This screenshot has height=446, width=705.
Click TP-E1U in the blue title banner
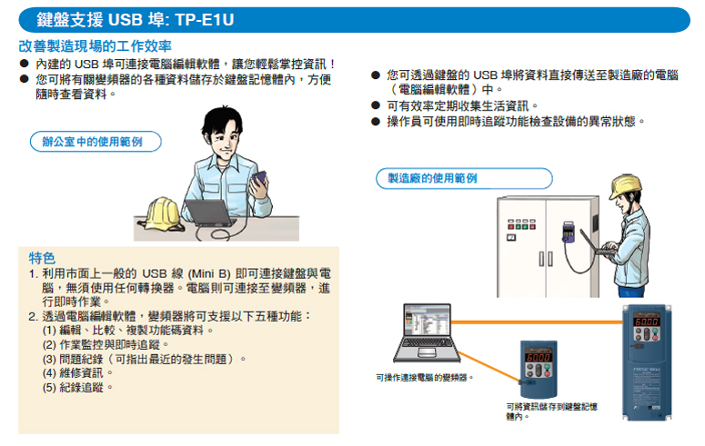click(x=205, y=20)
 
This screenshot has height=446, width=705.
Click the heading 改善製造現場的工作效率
click(x=96, y=45)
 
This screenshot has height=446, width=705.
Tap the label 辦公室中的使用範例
click(x=92, y=142)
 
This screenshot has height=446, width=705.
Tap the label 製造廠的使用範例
click(x=432, y=178)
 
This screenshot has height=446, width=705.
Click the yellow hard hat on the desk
click(x=162, y=214)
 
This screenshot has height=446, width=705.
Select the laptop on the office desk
click(x=208, y=213)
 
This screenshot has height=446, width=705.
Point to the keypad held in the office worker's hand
click(x=258, y=179)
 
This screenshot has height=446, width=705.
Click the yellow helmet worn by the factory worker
click(x=625, y=186)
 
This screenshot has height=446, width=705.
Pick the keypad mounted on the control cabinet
click(x=569, y=232)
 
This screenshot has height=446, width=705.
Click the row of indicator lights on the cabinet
click(x=521, y=224)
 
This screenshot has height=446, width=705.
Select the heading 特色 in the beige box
click(x=42, y=258)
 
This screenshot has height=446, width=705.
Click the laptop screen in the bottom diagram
click(x=428, y=320)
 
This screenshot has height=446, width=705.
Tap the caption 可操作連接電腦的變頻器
click(x=425, y=378)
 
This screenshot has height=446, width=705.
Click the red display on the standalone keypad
click(x=539, y=358)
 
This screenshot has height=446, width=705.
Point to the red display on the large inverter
click(x=647, y=322)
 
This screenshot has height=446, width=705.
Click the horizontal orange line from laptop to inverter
click(x=537, y=322)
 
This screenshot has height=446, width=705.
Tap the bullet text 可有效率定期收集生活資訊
click(x=458, y=106)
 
